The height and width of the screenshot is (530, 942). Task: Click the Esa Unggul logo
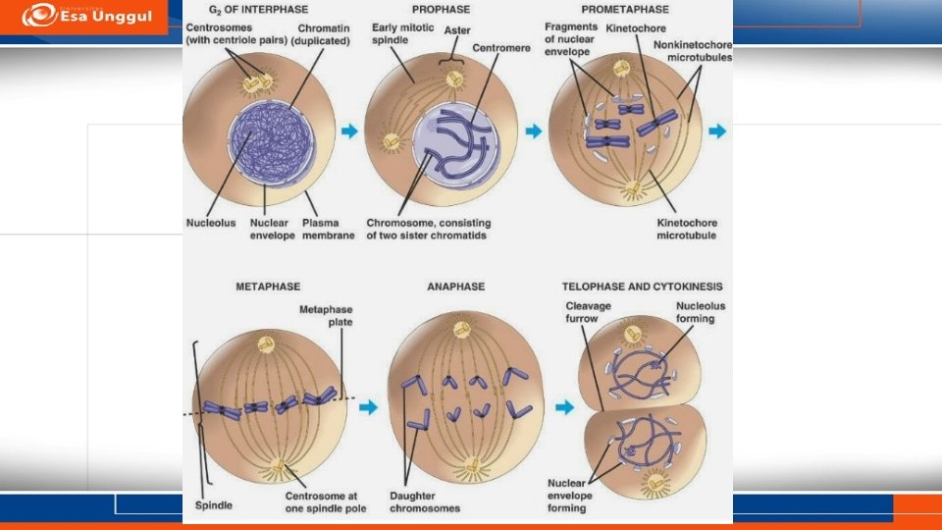point(85,16)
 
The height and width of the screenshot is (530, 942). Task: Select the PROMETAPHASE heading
point(618,9)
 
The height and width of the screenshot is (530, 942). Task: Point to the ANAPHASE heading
point(455,287)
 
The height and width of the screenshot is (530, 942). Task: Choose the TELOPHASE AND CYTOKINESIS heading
point(642,287)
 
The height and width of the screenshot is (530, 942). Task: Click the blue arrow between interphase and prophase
point(349,130)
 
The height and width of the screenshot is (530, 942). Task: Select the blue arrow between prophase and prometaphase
point(534,131)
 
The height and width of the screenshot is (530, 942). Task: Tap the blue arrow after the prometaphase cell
point(718,131)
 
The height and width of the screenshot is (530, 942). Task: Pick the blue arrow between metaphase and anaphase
point(368,406)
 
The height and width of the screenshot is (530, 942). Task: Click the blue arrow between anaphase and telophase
point(564,406)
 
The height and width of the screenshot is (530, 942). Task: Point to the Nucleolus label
point(211,223)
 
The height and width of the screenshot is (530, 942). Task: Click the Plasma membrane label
point(328,229)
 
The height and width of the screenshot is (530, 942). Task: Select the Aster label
point(457,30)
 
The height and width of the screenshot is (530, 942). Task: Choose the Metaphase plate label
point(326,316)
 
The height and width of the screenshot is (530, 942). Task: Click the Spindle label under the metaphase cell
point(214,504)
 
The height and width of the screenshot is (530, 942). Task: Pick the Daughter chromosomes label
point(425,502)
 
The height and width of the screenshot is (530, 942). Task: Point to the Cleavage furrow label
point(589,312)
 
